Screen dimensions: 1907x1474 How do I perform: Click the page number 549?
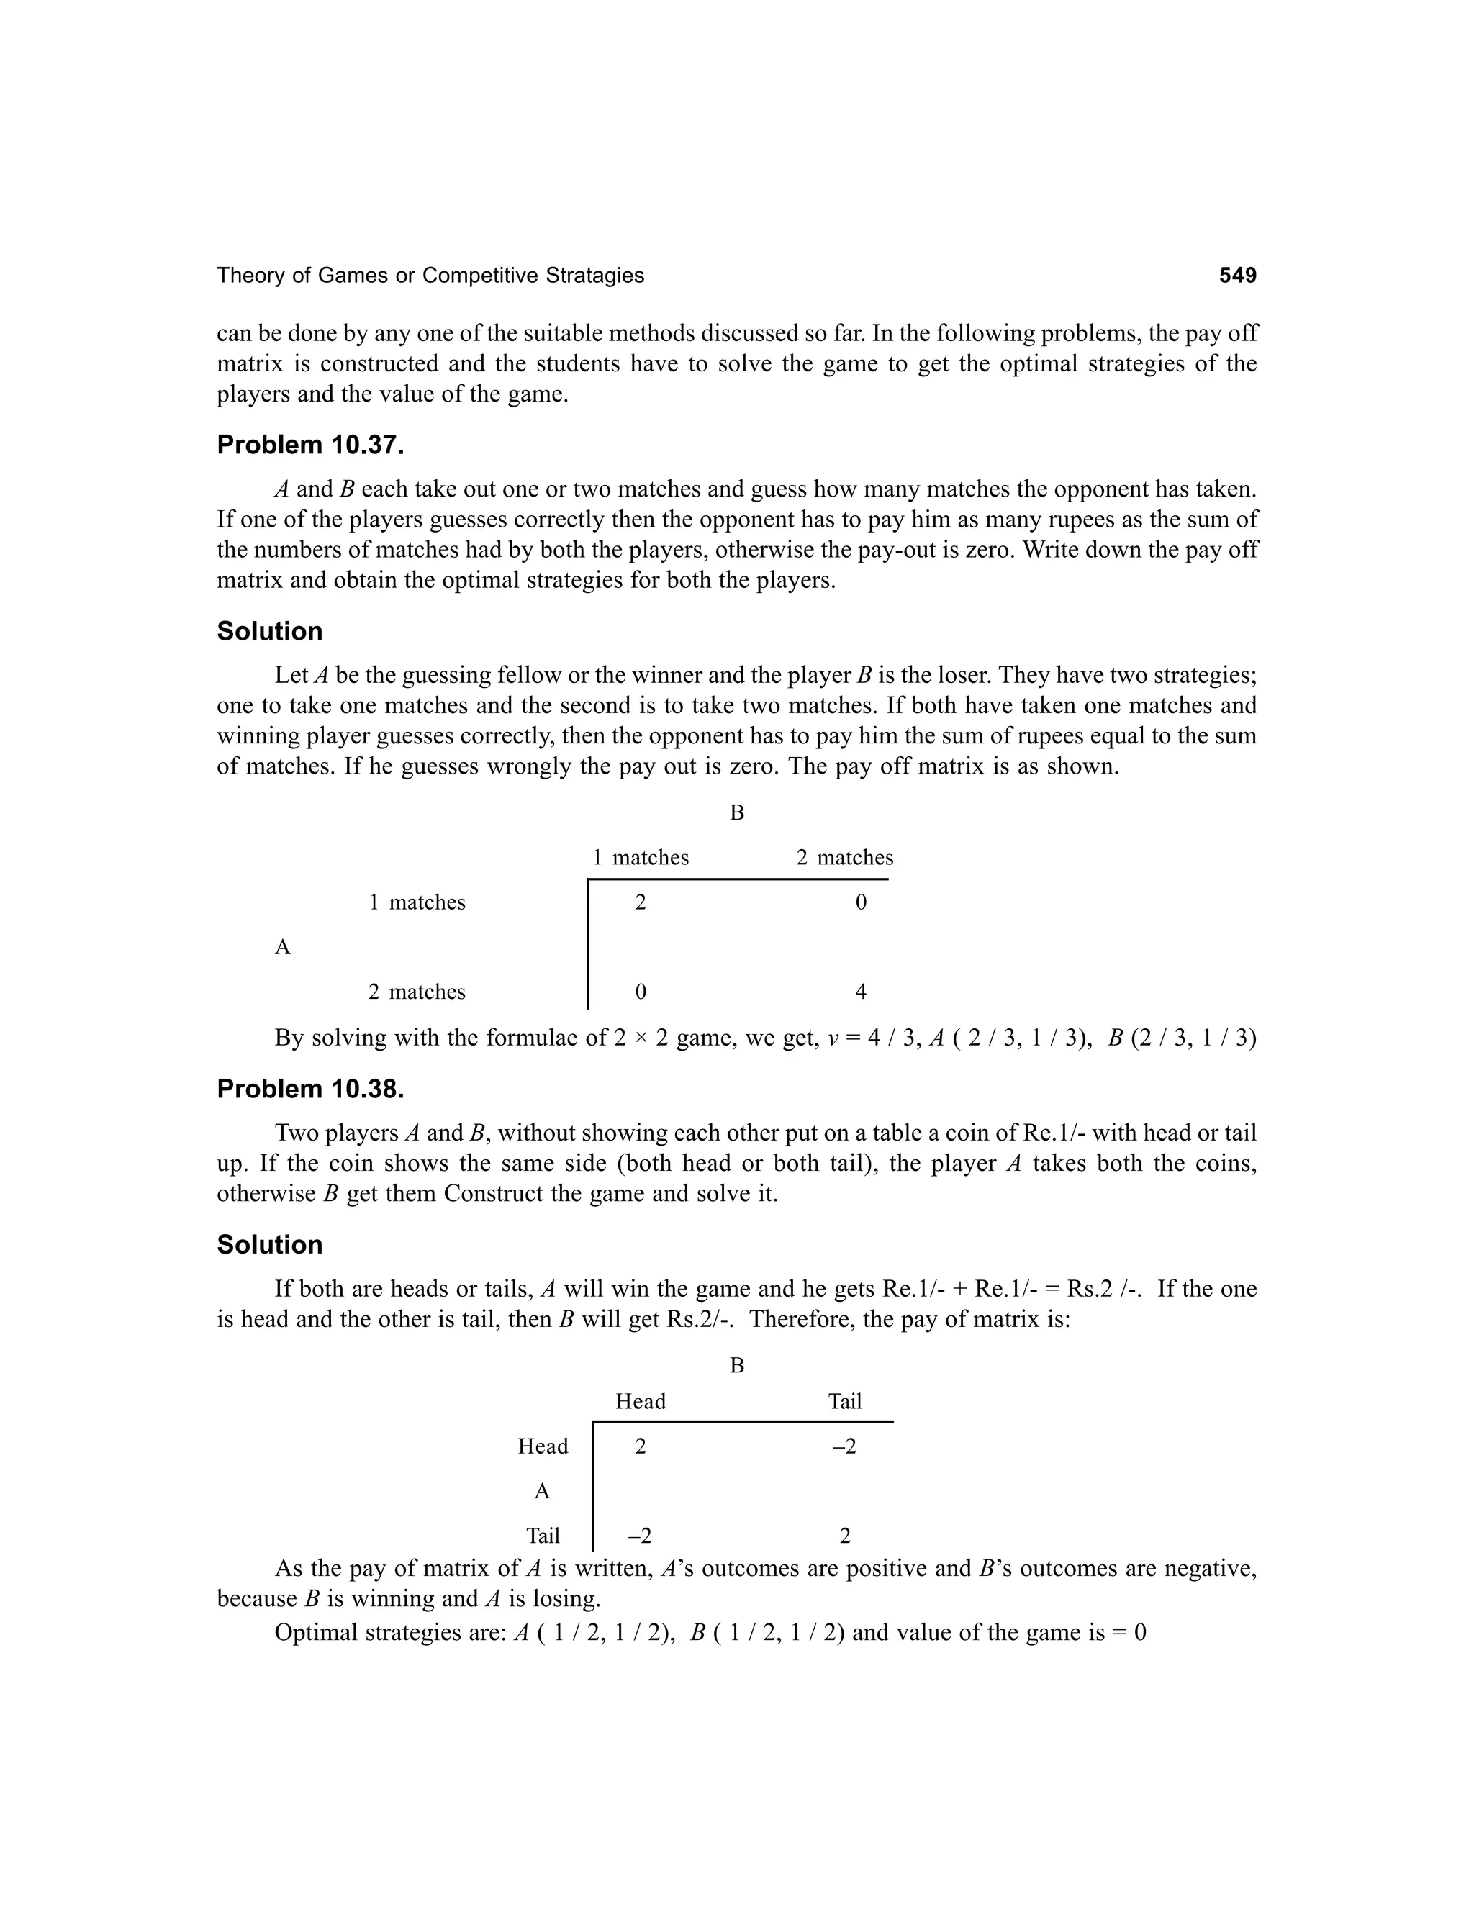tap(1237, 276)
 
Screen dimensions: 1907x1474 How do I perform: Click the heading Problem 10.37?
tap(310, 445)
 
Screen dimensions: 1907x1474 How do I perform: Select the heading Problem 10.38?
tap(310, 1089)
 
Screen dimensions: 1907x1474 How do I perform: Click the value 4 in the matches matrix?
tap(860, 992)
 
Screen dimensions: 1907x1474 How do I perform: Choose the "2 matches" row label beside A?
tap(417, 992)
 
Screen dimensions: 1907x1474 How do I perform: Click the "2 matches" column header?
tap(844, 858)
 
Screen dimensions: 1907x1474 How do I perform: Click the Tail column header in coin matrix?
tap(844, 1401)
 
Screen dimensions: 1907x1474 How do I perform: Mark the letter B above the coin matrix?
tap(737, 1366)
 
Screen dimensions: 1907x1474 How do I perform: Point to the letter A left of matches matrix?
tap(282, 948)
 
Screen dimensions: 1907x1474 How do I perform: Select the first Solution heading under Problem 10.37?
tap(270, 631)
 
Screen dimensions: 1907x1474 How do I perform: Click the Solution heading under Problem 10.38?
tap(270, 1244)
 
